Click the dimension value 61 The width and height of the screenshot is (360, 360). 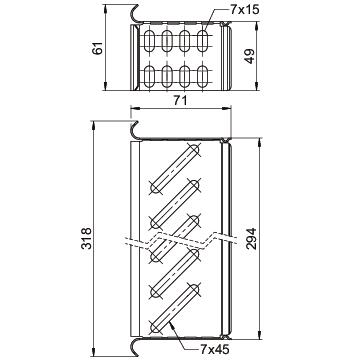[98, 47]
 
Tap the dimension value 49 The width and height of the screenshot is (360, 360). [250, 56]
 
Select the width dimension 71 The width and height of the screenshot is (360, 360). [180, 100]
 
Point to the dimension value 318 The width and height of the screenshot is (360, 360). [87, 238]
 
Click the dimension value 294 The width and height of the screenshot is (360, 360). [251, 238]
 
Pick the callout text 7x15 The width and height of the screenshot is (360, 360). [245, 10]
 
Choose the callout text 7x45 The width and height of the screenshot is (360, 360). [215, 349]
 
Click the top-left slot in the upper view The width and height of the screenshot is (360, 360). [149, 41]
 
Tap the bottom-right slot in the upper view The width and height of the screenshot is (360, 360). [202, 77]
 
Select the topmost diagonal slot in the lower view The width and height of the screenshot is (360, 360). [175, 168]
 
